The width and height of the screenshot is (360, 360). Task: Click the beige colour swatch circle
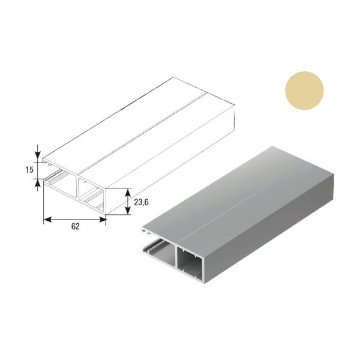tap(304, 91)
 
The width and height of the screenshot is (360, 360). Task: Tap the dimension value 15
tap(29, 170)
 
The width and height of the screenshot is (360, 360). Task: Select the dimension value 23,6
tap(141, 202)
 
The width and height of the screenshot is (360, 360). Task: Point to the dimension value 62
tap(76, 227)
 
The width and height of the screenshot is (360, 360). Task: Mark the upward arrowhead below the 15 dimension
tap(38, 183)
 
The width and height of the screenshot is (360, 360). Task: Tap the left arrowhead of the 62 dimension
tap(47, 220)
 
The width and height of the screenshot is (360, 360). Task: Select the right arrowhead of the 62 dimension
tap(103, 220)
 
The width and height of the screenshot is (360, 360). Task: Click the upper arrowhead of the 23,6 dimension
tap(128, 193)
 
